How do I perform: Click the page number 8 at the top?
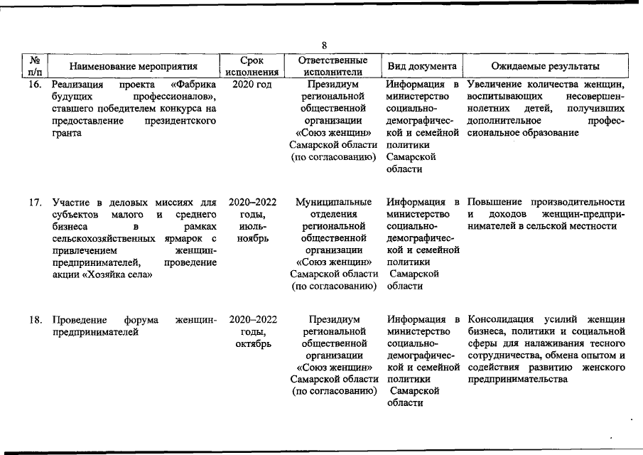[324, 45]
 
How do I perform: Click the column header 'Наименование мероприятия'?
[134, 66]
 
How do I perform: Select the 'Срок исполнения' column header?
[252, 66]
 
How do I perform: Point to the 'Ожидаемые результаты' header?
[547, 66]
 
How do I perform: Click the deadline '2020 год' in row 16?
[252, 85]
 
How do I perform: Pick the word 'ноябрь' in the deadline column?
[252, 238]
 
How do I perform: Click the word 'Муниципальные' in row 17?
[333, 203]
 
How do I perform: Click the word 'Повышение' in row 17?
[494, 203]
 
